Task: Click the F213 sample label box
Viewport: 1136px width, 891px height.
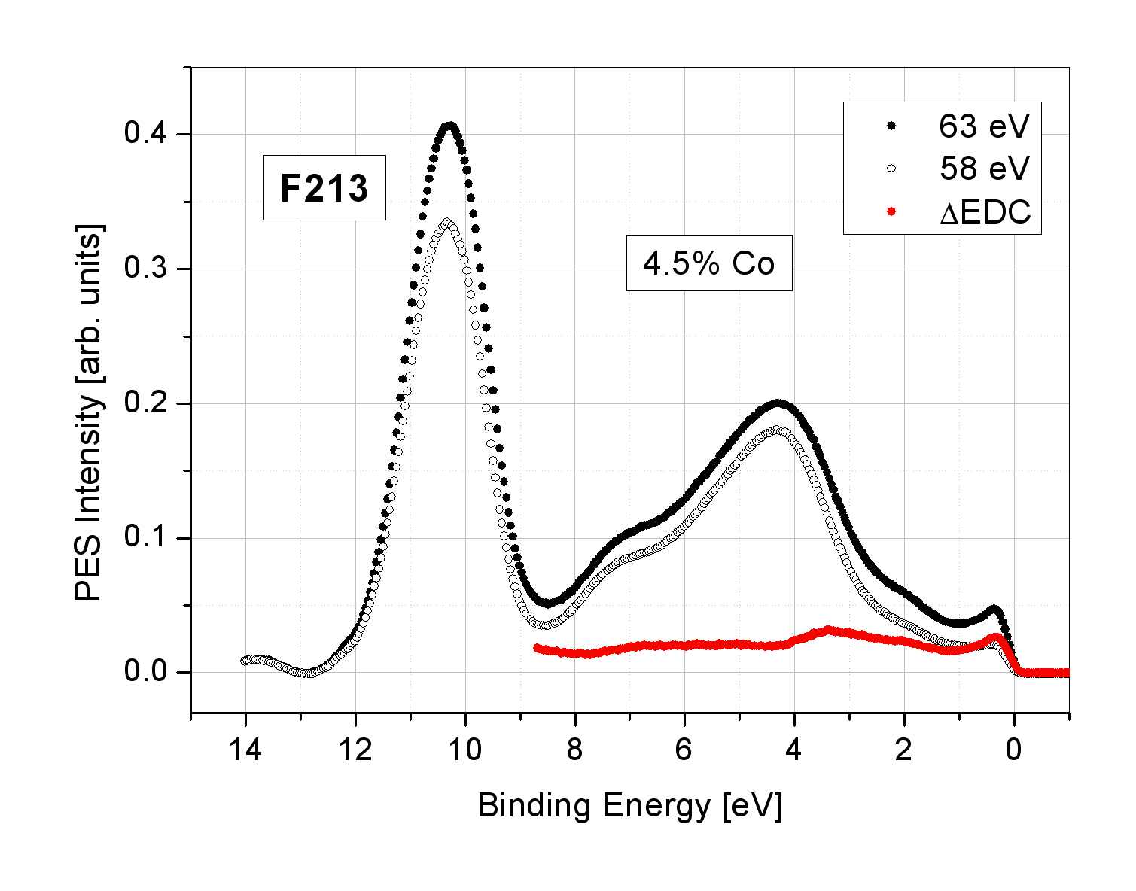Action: pos(324,188)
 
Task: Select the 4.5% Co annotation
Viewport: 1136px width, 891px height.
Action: pos(709,263)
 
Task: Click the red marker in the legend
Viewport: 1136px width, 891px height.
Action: pos(892,211)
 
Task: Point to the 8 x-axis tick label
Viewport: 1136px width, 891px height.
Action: pos(575,750)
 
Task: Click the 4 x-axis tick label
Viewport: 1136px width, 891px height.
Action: pos(794,750)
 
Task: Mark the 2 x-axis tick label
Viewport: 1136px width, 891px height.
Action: pos(904,750)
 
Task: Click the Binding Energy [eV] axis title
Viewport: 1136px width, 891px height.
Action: pos(629,806)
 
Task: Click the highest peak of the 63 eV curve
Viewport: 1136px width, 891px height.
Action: pos(449,126)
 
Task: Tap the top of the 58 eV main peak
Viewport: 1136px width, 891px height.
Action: pos(448,222)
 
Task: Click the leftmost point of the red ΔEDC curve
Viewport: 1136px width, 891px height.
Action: pos(537,647)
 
